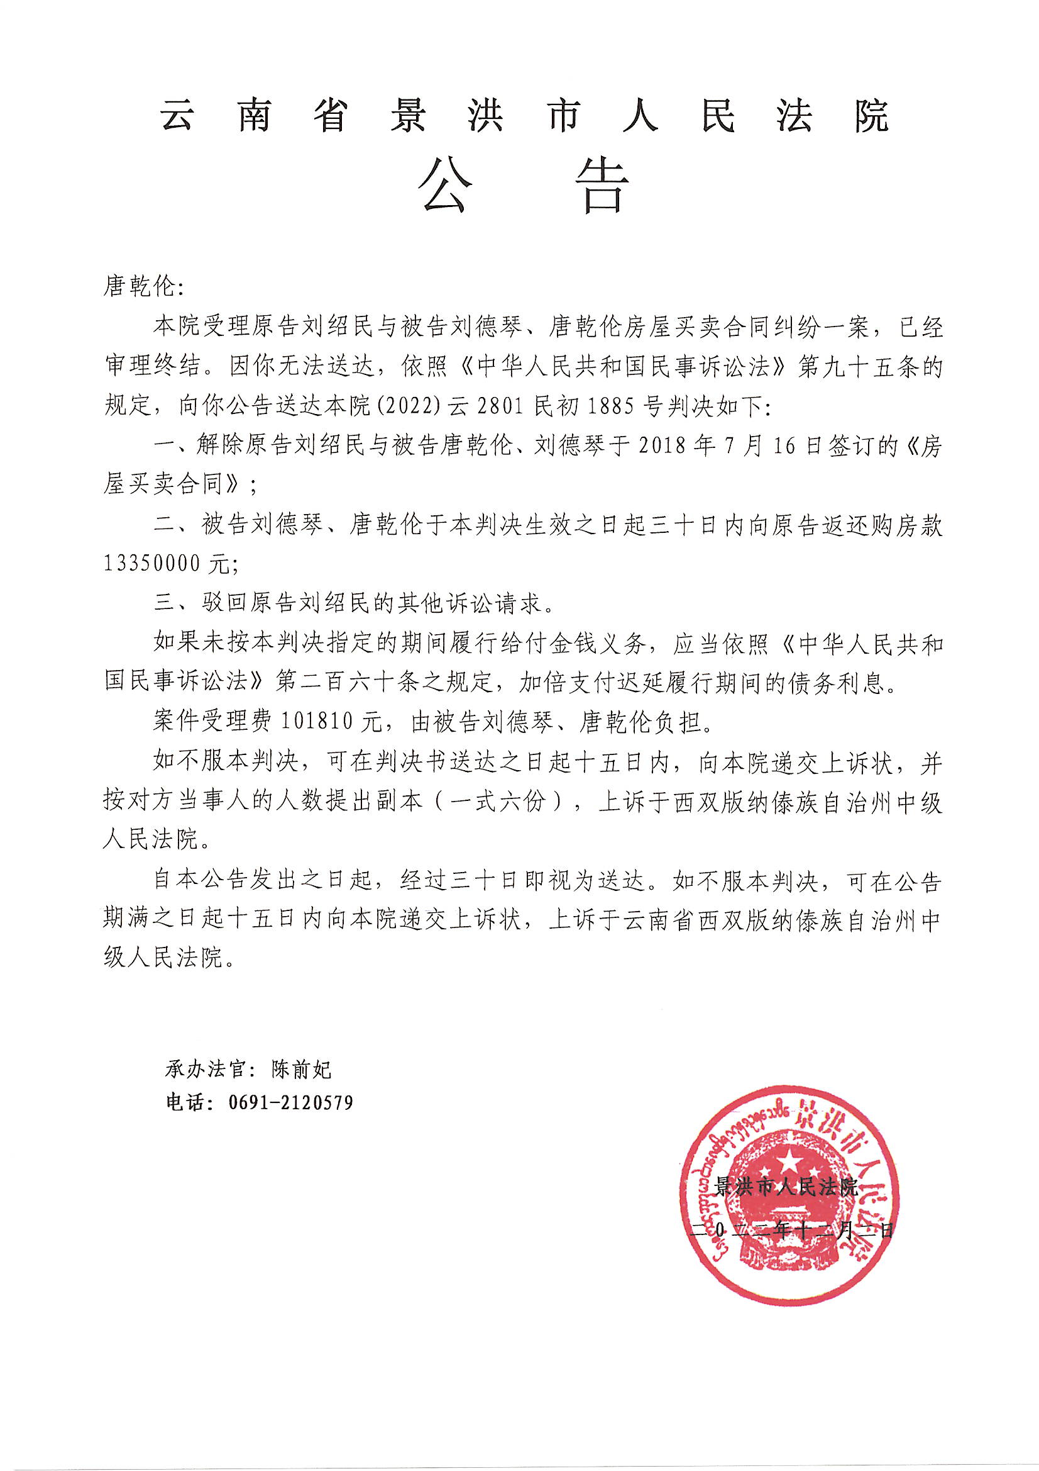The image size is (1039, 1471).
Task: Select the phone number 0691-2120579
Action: (x=290, y=1102)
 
